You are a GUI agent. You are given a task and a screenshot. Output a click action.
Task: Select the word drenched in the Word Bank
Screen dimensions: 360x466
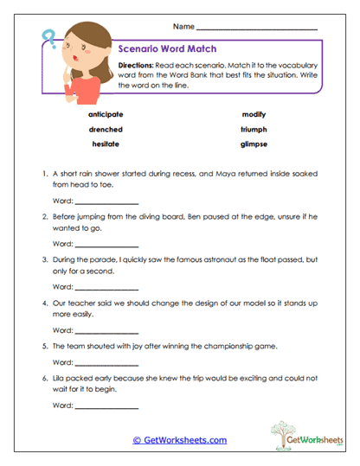[105, 130]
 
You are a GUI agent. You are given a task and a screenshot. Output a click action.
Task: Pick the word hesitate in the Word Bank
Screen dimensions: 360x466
[105, 144]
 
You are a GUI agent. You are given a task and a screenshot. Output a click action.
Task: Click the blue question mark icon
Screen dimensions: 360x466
[48, 39]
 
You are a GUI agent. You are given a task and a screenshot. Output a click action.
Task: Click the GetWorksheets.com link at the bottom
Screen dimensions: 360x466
[179, 439]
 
